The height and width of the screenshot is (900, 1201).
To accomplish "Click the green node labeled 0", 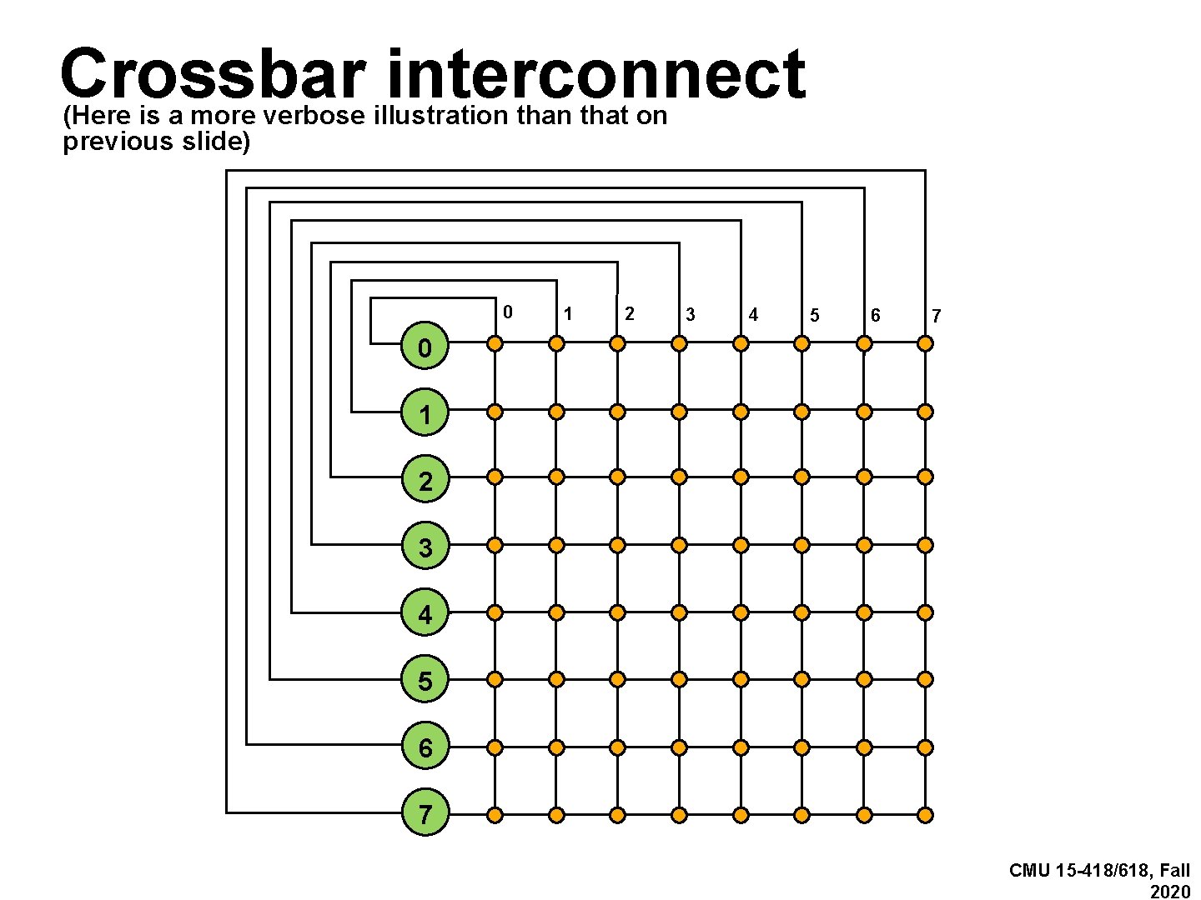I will (x=425, y=347).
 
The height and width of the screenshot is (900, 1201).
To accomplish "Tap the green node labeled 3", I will (x=425, y=547).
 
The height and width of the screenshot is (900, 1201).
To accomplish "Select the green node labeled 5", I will (x=425, y=681).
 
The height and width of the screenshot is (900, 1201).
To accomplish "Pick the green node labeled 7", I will (x=425, y=813).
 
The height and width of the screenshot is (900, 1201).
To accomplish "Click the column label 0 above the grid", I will (x=507, y=312).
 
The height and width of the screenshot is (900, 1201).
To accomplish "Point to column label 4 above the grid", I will (x=753, y=314).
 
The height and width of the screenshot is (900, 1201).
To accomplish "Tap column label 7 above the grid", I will (x=937, y=316).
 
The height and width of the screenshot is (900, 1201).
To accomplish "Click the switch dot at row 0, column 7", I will (x=925, y=342).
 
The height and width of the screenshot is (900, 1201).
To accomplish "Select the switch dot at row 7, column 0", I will (x=495, y=814).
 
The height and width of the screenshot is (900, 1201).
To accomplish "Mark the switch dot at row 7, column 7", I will (x=925, y=814).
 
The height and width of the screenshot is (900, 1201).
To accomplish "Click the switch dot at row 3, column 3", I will (x=679, y=545).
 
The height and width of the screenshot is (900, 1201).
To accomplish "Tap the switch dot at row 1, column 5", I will (x=802, y=411).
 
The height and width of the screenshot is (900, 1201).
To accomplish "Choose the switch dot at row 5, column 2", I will (x=617, y=679).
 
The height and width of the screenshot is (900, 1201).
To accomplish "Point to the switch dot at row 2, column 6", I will (x=864, y=477).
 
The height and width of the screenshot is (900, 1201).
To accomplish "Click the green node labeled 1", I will (x=425, y=413).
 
